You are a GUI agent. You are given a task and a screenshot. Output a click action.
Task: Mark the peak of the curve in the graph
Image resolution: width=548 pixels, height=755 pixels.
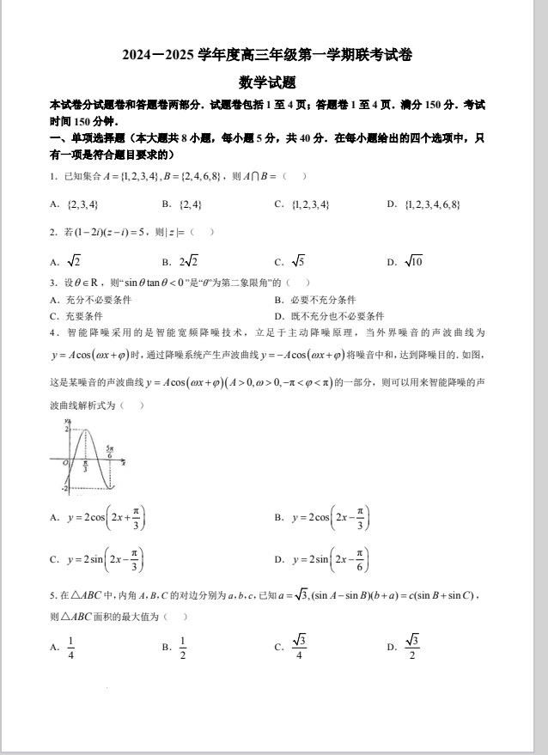84,429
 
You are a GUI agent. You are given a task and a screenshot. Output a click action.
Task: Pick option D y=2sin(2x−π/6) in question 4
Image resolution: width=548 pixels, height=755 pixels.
323,559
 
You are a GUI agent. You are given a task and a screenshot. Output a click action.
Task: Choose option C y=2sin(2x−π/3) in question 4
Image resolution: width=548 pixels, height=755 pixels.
100,559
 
